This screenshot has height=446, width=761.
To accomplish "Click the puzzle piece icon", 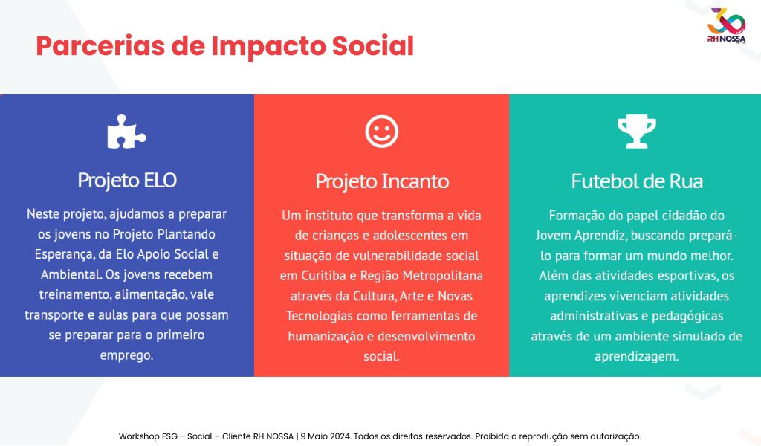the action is tap(126, 132).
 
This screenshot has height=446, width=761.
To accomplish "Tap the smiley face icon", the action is tap(381, 132).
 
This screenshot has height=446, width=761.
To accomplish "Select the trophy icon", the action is tap(637, 132).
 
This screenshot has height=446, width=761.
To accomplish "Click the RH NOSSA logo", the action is tap(726, 26).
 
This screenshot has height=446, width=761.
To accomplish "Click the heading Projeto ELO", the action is tap(126, 180).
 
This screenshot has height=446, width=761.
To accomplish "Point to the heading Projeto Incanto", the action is tap(382, 181).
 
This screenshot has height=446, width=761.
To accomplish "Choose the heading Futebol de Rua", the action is tap(637, 181).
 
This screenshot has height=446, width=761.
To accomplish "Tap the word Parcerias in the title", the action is tap(100, 46).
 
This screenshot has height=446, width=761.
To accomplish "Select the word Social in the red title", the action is tap(373, 46).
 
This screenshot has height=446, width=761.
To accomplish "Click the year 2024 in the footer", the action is tap(340, 436).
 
